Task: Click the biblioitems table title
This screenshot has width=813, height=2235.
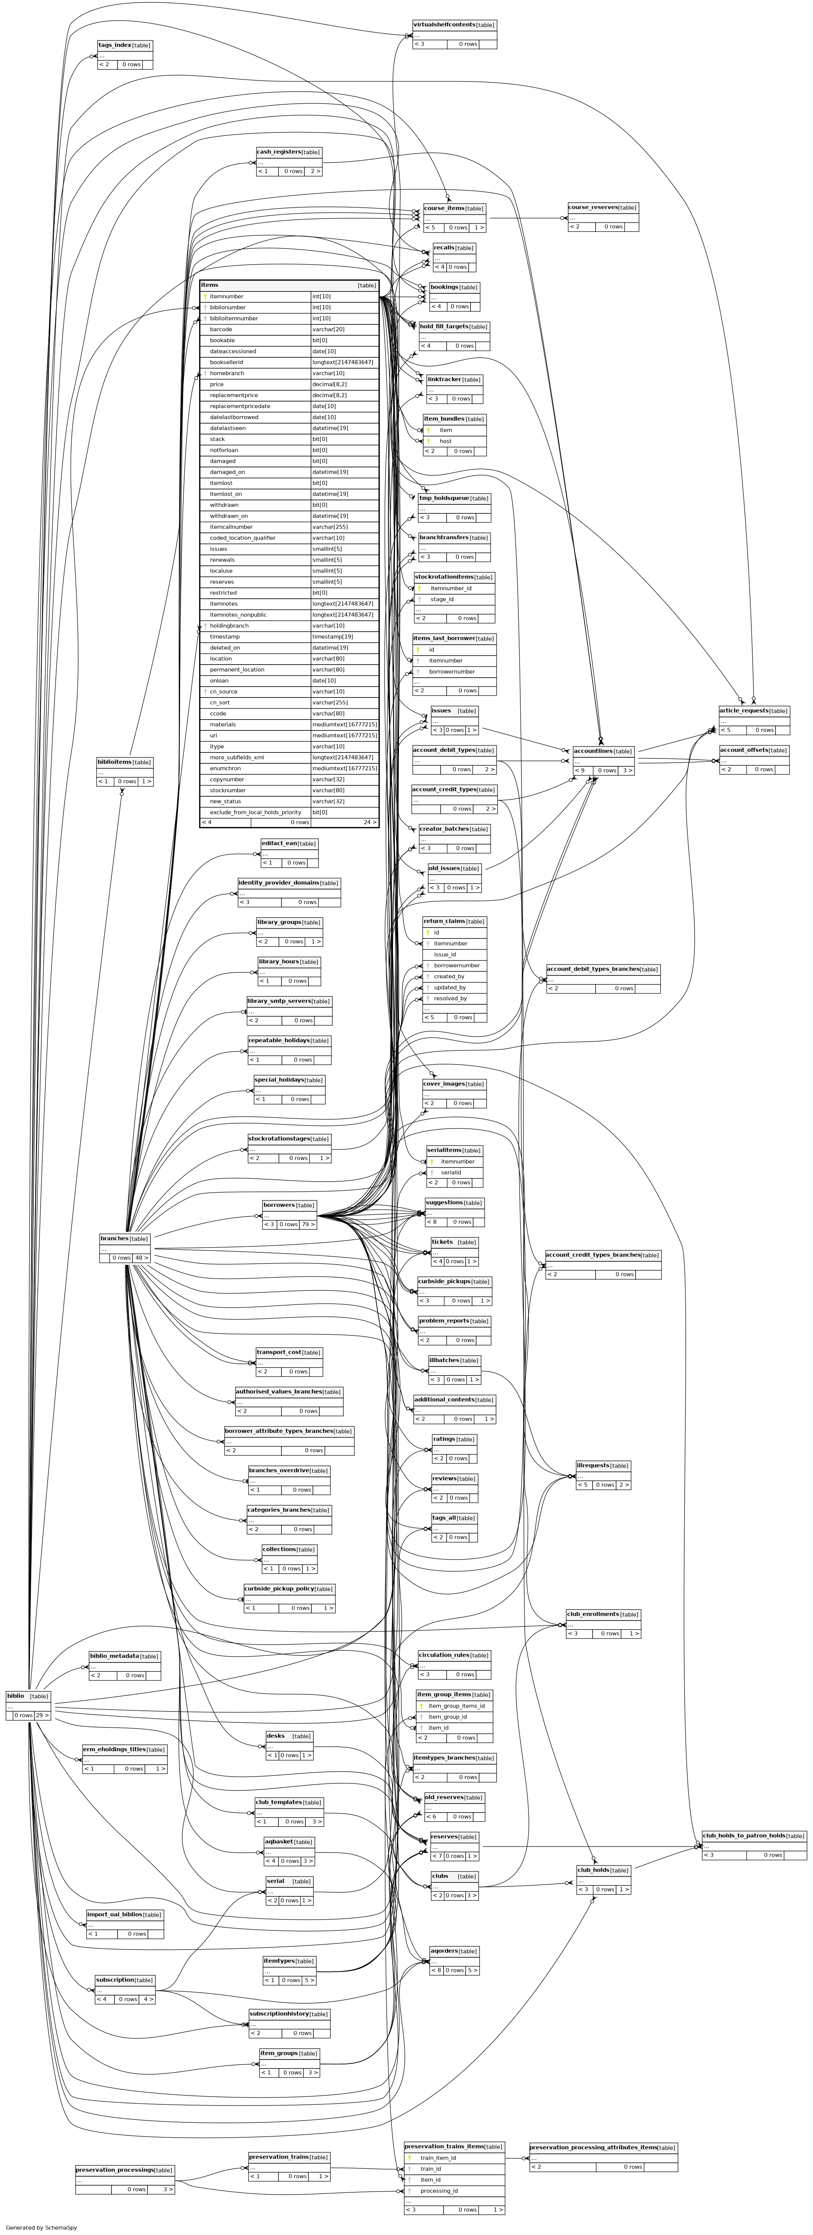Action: pos(113,762)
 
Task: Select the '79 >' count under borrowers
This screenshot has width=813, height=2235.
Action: pos(307,1224)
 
